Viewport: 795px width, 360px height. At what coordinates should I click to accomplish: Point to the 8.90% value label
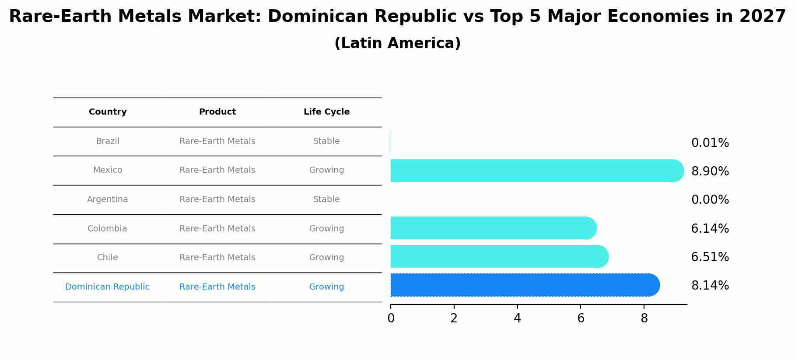[x=710, y=171]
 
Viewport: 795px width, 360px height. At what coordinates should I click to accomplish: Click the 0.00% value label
[x=710, y=200]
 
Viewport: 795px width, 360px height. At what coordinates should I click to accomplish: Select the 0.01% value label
[x=710, y=143]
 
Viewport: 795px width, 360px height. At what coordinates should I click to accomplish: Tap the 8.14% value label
[x=710, y=286]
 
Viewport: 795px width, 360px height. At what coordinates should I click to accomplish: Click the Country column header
[x=108, y=112]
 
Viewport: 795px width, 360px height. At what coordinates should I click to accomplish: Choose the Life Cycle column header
[x=326, y=112]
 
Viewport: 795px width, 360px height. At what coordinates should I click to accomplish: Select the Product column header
[x=217, y=112]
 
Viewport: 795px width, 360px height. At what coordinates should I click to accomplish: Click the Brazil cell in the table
[x=108, y=141]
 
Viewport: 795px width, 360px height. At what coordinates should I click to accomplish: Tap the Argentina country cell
[x=108, y=199]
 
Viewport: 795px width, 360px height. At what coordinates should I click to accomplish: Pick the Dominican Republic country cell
[x=108, y=287]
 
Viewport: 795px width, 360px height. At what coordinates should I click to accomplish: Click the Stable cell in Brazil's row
[x=326, y=141]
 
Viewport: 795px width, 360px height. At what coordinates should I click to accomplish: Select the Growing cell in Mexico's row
[x=326, y=170]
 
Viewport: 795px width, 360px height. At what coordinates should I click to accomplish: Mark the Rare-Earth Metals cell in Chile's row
[x=217, y=258]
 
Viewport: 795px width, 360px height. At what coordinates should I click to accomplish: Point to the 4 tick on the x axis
[x=517, y=318]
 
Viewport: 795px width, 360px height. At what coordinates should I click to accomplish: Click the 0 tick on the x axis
[x=391, y=318]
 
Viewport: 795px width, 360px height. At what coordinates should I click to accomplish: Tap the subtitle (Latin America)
[x=397, y=43]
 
